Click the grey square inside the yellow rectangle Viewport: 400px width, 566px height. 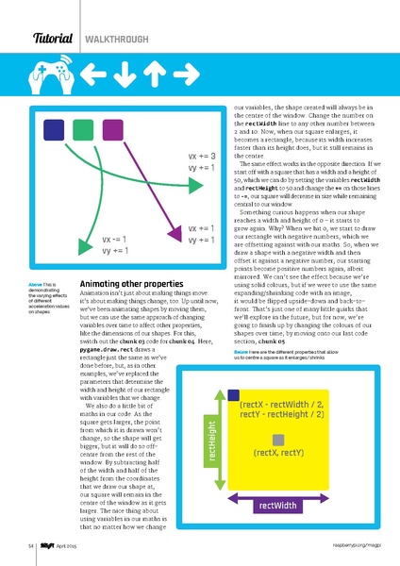[x=278, y=440]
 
